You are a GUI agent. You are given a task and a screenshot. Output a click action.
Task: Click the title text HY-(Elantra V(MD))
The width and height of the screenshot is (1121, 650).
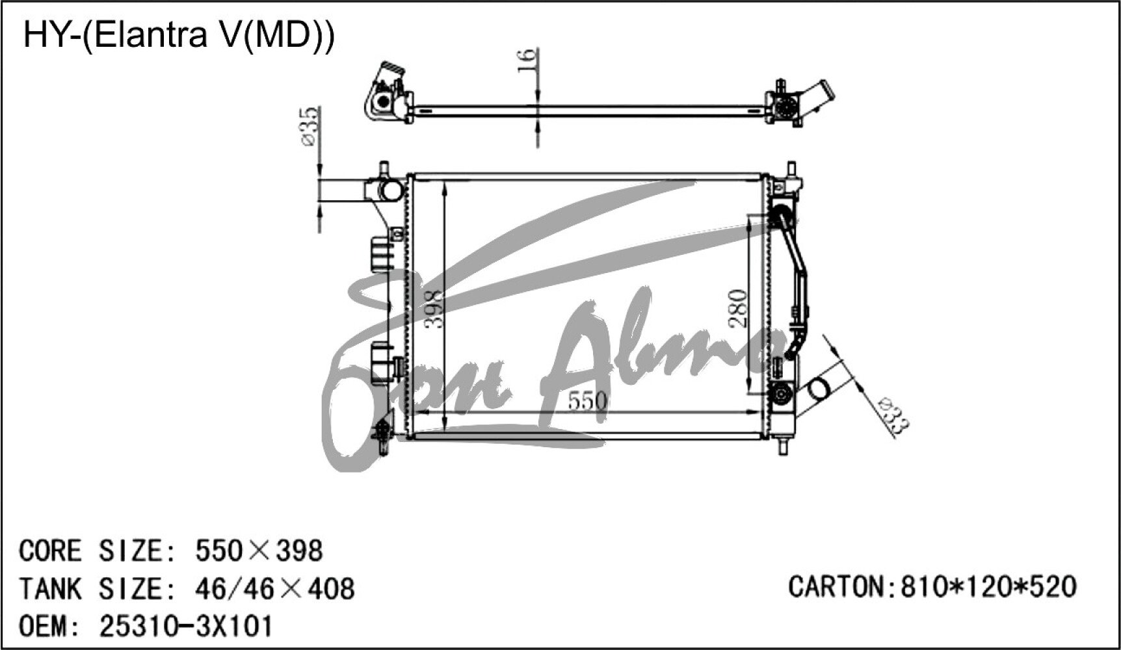click(x=179, y=36)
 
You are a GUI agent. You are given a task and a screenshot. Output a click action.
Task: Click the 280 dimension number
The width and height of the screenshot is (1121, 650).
click(x=738, y=308)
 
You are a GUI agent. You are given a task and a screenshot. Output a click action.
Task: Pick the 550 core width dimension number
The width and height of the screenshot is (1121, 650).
click(x=588, y=400)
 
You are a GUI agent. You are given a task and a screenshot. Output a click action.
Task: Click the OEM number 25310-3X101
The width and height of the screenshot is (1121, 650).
click(x=186, y=627)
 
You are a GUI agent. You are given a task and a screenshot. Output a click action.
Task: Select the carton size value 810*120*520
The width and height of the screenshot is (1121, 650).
click(x=988, y=586)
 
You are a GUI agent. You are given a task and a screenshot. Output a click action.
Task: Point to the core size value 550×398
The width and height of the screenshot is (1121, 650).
click(x=259, y=551)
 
